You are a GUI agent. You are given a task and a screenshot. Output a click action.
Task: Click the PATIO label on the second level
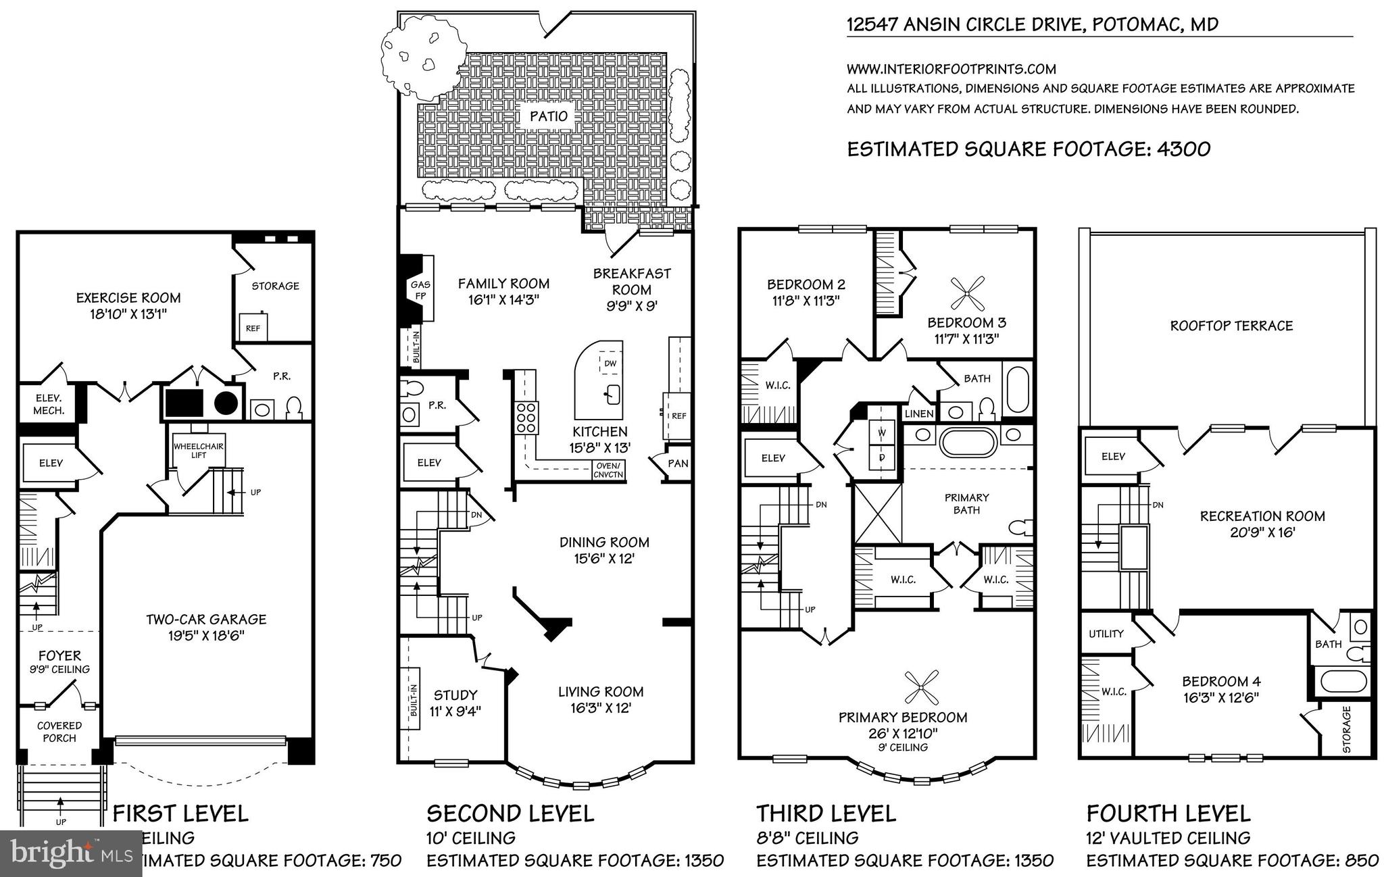(x=548, y=116)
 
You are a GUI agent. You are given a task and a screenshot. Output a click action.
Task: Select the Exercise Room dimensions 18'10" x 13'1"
(x=128, y=314)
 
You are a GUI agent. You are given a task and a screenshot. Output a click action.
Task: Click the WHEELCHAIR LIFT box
(x=199, y=451)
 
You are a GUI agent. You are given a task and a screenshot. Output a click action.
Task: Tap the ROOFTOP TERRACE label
(x=1231, y=326)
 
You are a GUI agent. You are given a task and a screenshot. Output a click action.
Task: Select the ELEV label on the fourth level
(x=1113, y=457)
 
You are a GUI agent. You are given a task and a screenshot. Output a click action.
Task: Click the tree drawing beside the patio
(x=422, y=56)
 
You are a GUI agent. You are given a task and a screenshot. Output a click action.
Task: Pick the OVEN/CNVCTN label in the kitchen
(x=609, y=470)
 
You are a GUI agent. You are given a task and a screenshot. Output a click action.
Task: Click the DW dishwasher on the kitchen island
(x=610, y=364)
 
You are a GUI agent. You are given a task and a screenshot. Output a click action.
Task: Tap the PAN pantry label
(x=678, y=463)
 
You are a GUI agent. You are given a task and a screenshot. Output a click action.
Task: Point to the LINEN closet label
(x=918, y=414)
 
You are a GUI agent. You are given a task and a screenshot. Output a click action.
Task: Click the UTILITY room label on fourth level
(x=1106, y=634)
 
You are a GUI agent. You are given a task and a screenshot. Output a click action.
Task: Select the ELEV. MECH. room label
(x=48, y=405)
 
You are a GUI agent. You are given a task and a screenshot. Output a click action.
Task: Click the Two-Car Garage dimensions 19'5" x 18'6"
(x=206, y=636)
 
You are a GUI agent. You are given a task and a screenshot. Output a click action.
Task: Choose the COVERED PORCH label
(x=59, y=732)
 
